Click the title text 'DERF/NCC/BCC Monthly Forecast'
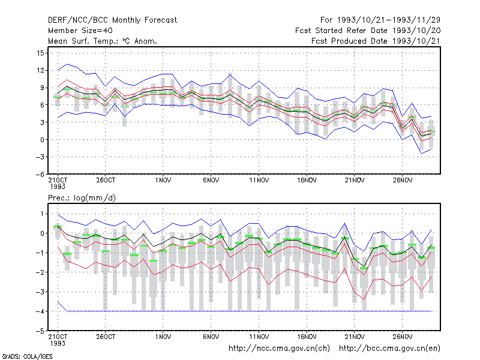click(x=112, y=20)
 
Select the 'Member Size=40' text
click(x=80, y=31)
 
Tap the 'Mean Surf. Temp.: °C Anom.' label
click(x=102, y=41)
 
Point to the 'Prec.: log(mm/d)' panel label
click(x=82, y=198)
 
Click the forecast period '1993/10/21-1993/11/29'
click(x=389, y=20)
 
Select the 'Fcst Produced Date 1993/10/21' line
click(x=376, y=41)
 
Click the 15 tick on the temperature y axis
click(x=40, y=53)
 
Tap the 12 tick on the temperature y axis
click(x=40, y=71)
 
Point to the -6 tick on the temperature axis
click(x=40, y=175)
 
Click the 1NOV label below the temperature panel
click(x=163, y=181)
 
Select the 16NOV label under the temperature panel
click(x=307, y=181)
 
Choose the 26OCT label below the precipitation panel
click(x=106, y=337)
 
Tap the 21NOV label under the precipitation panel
click(x=355, y=337)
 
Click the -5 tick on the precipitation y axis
click(x=40, y=331)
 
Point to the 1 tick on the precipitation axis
click(x=42, y=214)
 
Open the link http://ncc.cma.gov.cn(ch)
click(x=279, y=349)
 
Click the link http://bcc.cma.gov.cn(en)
click(x=389, y=349)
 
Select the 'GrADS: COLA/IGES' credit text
click(x=27, y=356)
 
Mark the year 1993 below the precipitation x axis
click(x=58, y=343)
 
